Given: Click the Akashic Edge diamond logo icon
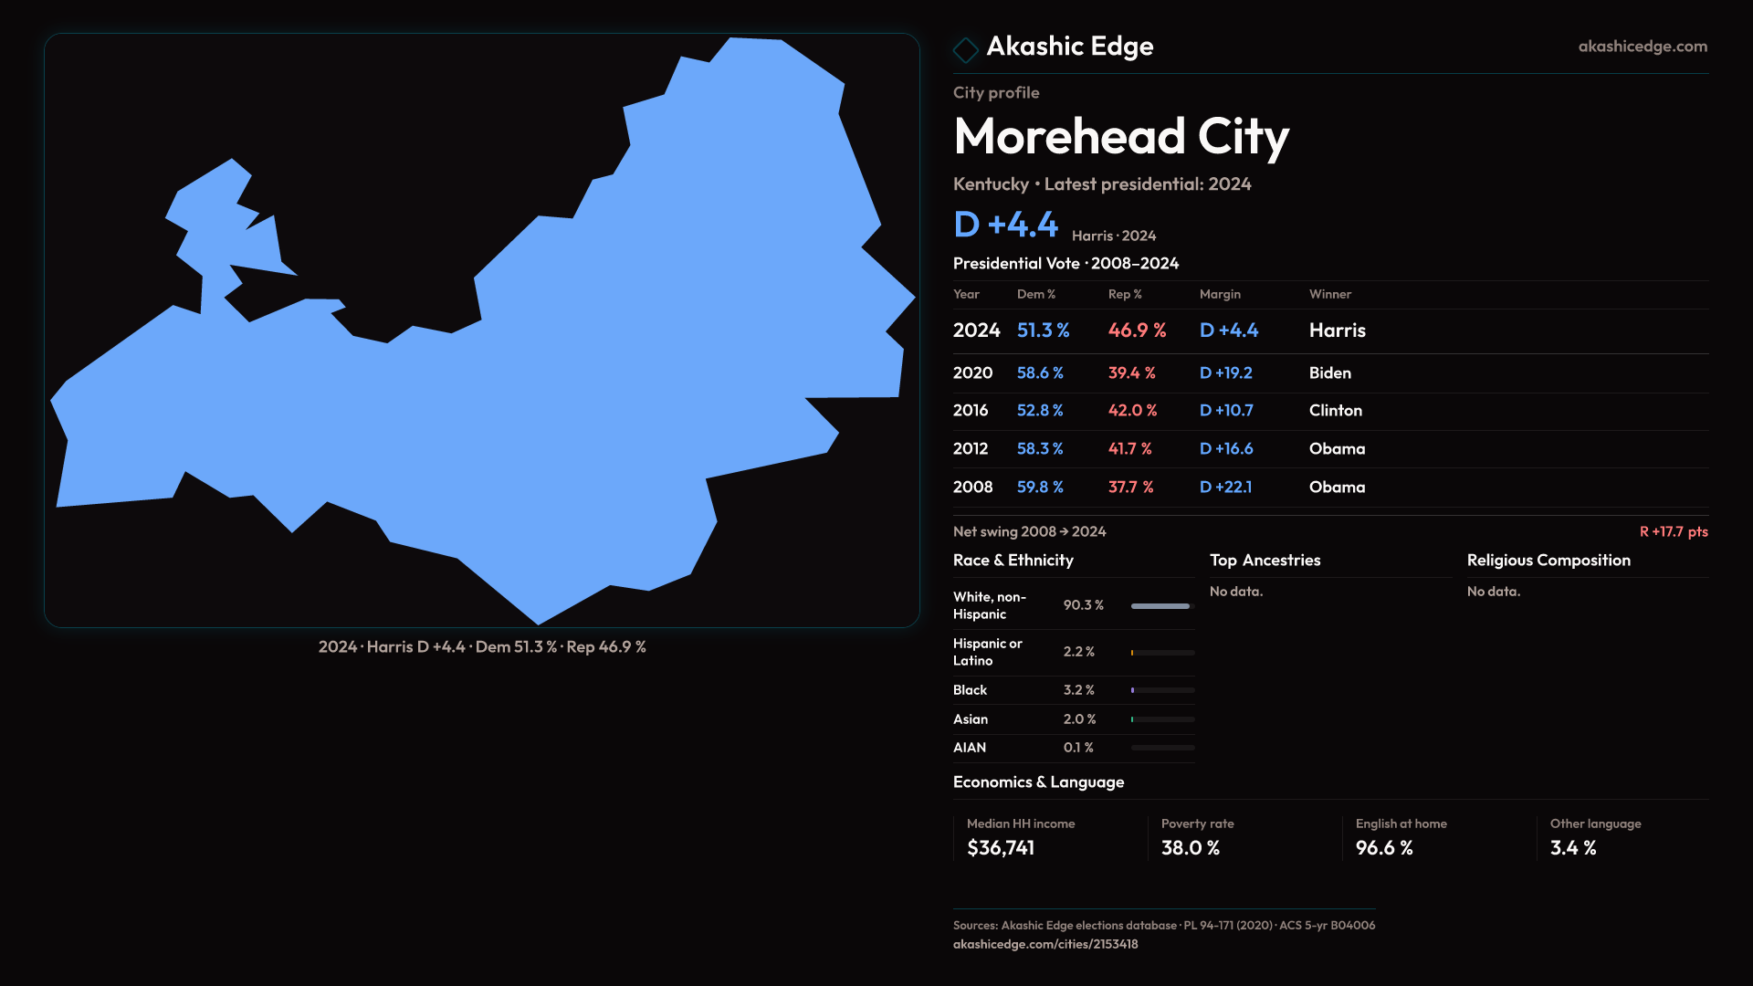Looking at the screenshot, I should click(x=965, y=49).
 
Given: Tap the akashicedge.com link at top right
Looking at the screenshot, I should click(x=1643, y=47).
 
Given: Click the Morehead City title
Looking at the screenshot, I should click(x=1120, y=137).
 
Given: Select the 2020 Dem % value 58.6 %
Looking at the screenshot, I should click(x=1040, y=373).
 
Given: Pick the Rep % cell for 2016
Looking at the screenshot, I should click(x=1132, y=411).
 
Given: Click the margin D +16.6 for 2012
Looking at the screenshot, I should click(x=1225, y=449).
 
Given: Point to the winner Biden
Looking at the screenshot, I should click(x=1329, y=373).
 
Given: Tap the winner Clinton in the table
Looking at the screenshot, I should click(x=1335, y=411).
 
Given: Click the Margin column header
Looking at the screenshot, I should click(x=1220, y=294).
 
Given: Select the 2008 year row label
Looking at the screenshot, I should click(x=972, y=488).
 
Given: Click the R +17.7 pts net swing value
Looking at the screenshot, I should click(x=1673, y=531).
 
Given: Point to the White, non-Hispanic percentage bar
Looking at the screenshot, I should click(x=1161, y=606).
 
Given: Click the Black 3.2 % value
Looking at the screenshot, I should click(x=1078, y=690).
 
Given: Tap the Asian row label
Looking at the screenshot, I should click(x=970, y=719).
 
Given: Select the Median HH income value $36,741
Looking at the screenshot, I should click(x=1001, y=848).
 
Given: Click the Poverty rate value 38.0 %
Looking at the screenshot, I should click(x=1190, y=848).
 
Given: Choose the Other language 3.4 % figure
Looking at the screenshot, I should click(x=1572, y=848).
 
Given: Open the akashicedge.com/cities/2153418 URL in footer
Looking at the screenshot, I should click(x=1044, y=944).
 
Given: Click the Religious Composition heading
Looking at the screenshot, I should click(x=1548, y=561).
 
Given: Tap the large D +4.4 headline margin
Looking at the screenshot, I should click(x=1005, y=225).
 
